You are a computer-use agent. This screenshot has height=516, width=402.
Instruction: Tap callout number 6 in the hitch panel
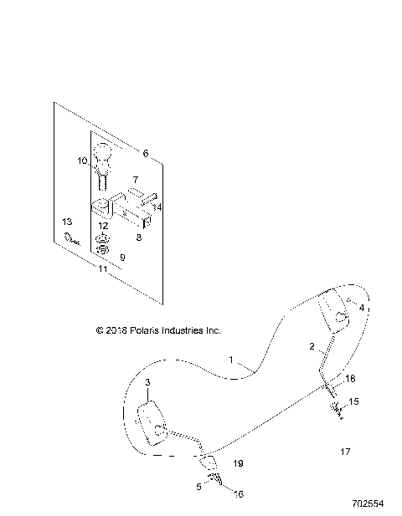[x=145, y=154]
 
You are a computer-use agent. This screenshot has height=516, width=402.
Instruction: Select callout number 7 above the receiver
[x=135, y=180]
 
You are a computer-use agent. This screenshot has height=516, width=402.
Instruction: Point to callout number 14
[x=157, y=207]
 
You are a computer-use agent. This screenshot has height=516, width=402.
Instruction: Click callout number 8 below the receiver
[x=140, y=238]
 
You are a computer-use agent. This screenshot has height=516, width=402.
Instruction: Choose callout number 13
[x=68, y=221]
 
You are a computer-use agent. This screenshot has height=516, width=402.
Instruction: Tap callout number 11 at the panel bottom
[x=103, y=269]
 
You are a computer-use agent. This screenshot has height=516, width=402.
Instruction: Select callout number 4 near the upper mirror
[x=362, y=309]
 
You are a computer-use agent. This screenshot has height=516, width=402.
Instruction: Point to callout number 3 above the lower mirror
[x=147, y=382]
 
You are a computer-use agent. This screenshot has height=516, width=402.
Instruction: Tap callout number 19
[x=238, y=462]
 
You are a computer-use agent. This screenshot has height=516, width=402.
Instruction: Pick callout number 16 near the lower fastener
[x=239, y=494]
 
